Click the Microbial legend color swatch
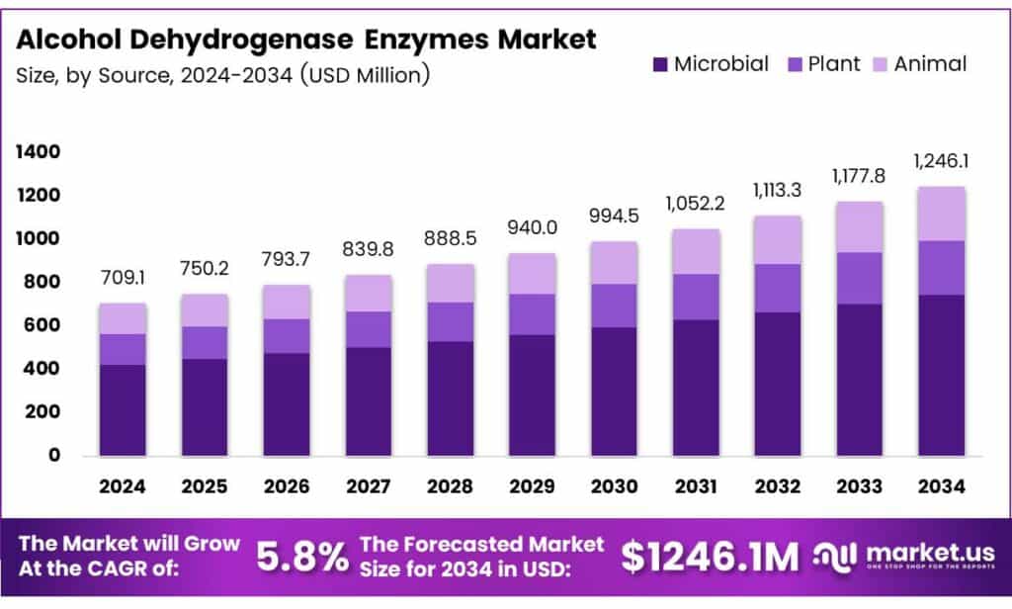pos(660,65)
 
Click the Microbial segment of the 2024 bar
pos(123,410)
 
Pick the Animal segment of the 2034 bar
pos(941,214)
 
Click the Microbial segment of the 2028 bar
pos(451,398)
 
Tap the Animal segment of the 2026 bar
pos(287,302)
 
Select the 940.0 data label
pos(533,228)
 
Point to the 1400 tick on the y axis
pos(37,152)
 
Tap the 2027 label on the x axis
pos(369,486)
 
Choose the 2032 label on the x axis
pos(778,486)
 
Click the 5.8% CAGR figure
pos(301,558)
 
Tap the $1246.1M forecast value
pos(709,558)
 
